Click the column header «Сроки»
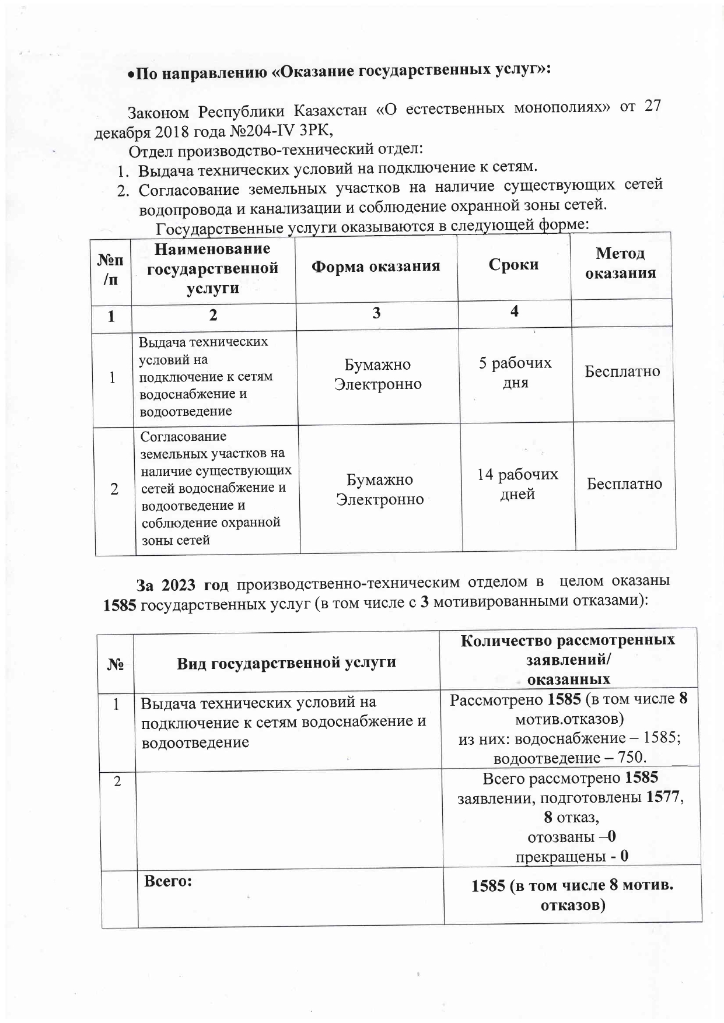pos(513,265)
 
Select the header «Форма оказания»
pos(375,267)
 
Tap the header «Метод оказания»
pos(621,263)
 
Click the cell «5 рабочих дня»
pos(515,373)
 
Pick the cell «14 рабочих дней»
pos(517,484)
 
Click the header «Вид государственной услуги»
pos(286,663)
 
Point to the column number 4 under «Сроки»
pos(514,311)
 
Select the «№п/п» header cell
pos(110,270)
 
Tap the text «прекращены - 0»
pos(572,856)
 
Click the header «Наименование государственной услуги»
pos(212,268)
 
